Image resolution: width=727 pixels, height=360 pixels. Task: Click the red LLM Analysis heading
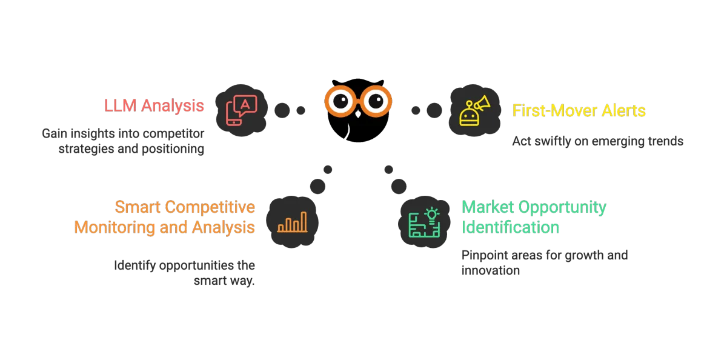click(x=153, y=105)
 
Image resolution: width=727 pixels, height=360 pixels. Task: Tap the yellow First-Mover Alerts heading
click(x=579, y=111)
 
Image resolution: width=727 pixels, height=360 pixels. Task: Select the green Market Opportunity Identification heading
click(x=533, y=217)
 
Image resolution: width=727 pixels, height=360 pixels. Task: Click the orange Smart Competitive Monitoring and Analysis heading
click(x=165, y=217)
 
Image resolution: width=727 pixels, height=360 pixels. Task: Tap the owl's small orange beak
click(x=357, y=113)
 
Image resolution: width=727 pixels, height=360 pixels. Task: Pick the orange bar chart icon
click(x=292, y=222)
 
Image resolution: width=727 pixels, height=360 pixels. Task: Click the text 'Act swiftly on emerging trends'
click(x=597, y=141)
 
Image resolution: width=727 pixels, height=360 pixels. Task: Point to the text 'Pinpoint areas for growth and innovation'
click(x=545, y=263)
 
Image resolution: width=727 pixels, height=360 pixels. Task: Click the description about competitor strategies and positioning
click(x=123, y=141)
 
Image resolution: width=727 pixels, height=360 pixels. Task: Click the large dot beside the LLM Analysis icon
click(x=282, y=110)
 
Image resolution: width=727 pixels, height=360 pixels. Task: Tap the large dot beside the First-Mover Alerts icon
click(x=434, y=110)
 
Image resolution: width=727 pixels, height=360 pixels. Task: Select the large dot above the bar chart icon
click(x=317, y=185)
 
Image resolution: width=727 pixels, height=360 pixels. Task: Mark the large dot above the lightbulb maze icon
click(x=398, y=185)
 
